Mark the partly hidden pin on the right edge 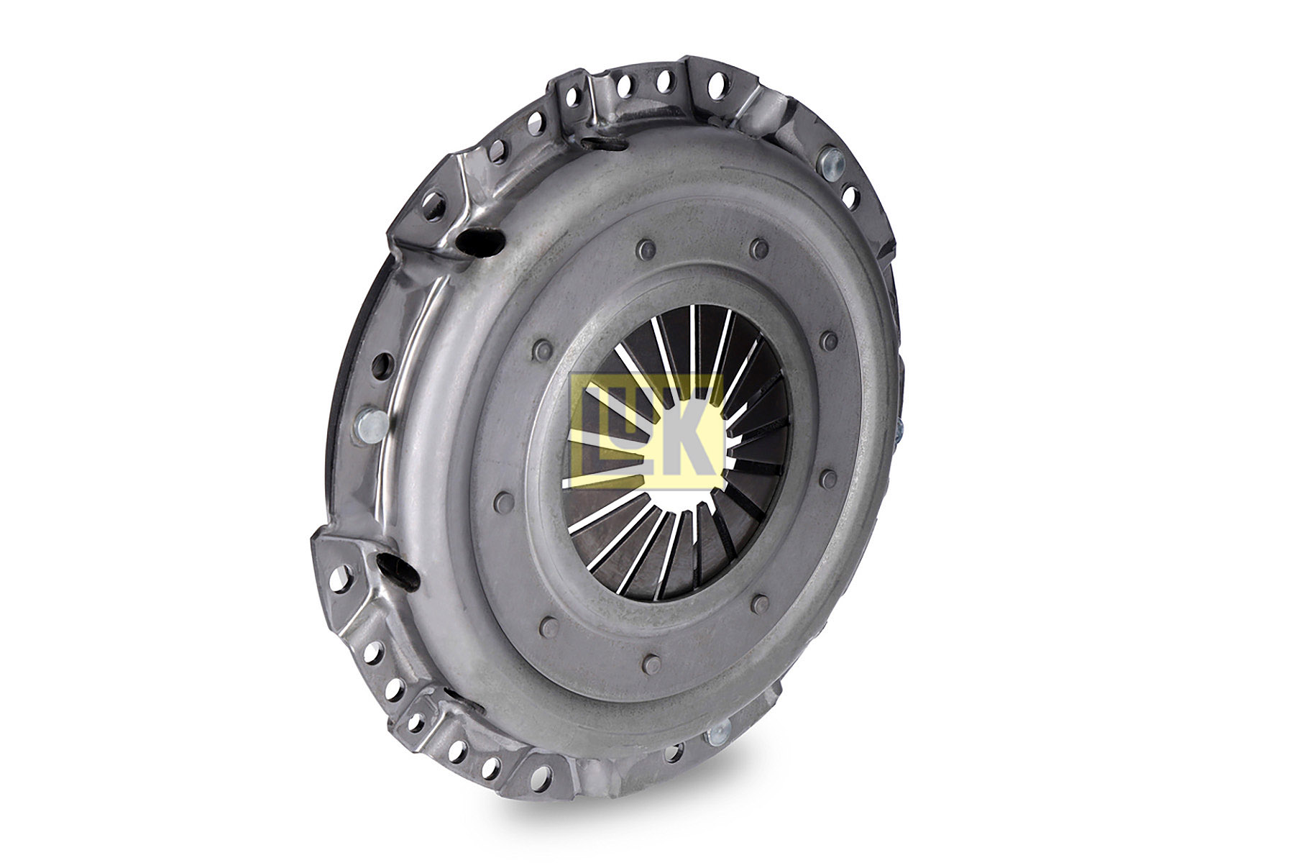coord(899,431)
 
